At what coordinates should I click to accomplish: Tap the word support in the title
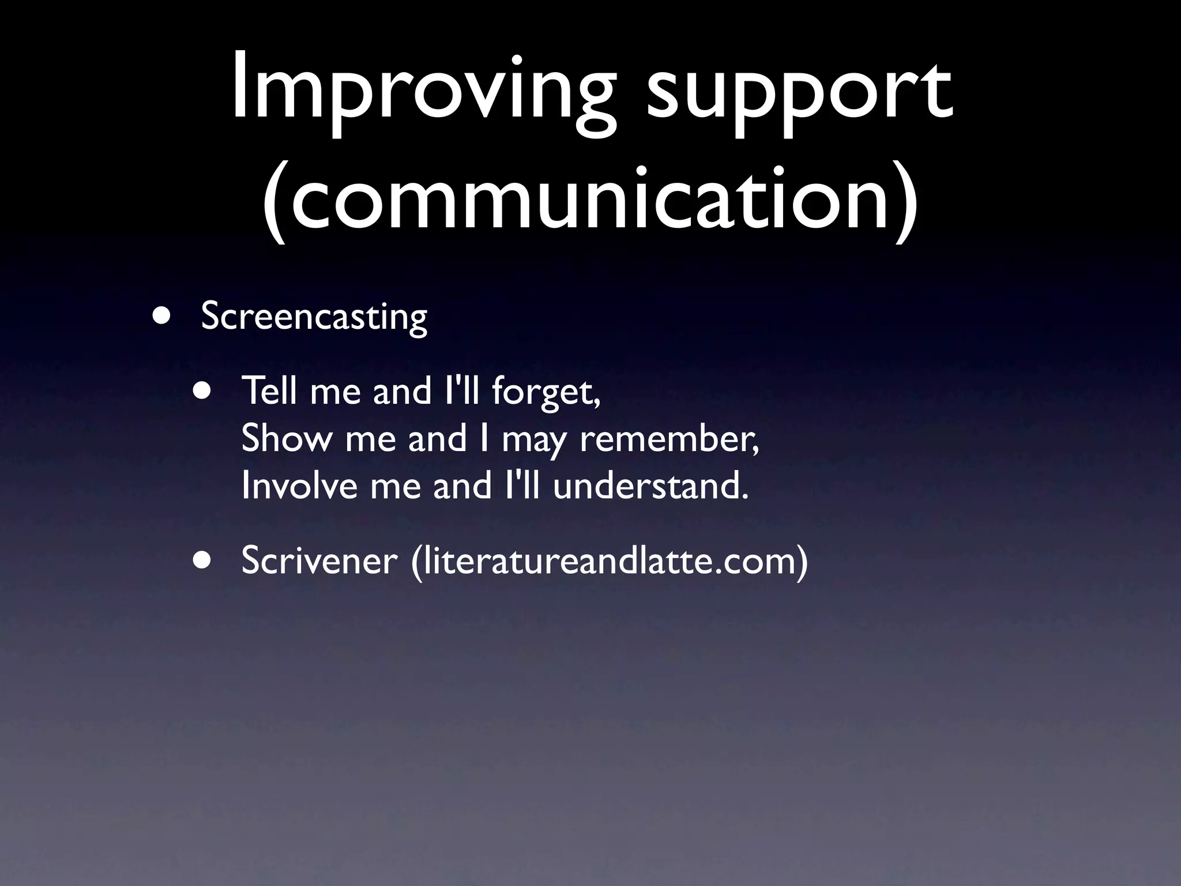pos(799,92)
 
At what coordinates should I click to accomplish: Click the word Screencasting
pos(314,317)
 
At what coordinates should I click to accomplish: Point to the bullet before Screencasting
pos(162,317)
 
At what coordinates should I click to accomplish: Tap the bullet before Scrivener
pos(202,560)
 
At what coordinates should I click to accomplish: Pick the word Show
pos(287,438)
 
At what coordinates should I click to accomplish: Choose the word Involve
pos(300,486)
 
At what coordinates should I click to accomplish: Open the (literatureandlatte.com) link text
pos(609,560)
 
